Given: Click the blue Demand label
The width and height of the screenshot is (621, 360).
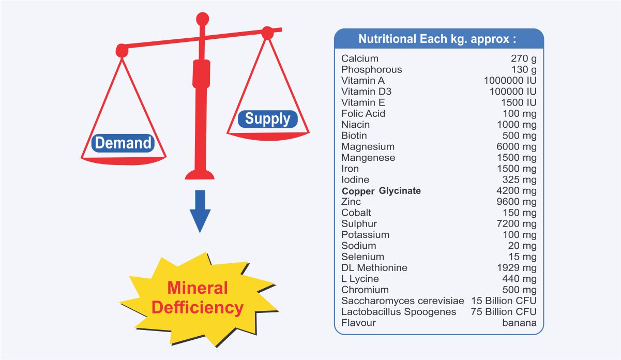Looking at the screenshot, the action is click(x=123, y=143).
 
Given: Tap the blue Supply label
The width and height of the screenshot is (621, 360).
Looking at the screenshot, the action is click(x=267, y=119).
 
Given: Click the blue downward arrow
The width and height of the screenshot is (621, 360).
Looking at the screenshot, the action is click(x=200, y=212).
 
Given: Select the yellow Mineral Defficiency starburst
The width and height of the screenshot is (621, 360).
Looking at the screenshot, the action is click(x=199, y=299).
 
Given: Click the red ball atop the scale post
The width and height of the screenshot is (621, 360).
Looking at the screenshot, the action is click(x=202, y=19).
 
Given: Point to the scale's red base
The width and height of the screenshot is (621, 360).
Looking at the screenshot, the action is click(x=200, y=175).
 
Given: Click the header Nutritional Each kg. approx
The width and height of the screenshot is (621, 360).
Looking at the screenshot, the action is click(x=437, y=39).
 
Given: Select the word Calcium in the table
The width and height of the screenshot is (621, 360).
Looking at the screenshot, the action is click(x=360, y=58).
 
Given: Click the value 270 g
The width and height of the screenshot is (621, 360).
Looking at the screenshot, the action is click(x=524, y=58).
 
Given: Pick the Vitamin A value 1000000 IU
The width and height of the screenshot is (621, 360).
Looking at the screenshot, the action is click(x=510, y=81).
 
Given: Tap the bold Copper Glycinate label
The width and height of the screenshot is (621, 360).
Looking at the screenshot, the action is click(x=381, y=191).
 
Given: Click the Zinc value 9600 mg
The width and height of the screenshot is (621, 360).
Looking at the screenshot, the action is click(x=517, y=202).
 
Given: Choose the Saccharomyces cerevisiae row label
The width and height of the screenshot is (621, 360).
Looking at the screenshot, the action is click(x=403, y=301).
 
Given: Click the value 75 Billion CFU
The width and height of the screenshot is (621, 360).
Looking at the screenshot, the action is click(x=504, y=312).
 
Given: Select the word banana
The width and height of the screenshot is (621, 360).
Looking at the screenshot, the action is click(x=520, y=323).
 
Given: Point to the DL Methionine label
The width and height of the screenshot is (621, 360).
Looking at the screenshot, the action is click(x=374, y=267).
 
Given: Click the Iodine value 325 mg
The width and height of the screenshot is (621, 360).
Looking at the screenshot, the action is click(x=520, y=179).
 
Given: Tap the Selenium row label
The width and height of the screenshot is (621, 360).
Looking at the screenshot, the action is click(x=362, y=257).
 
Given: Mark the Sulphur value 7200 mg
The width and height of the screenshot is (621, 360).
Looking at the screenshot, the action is click(x=517, y=224).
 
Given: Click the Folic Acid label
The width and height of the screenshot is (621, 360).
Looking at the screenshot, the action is click(x=363, y=113).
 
